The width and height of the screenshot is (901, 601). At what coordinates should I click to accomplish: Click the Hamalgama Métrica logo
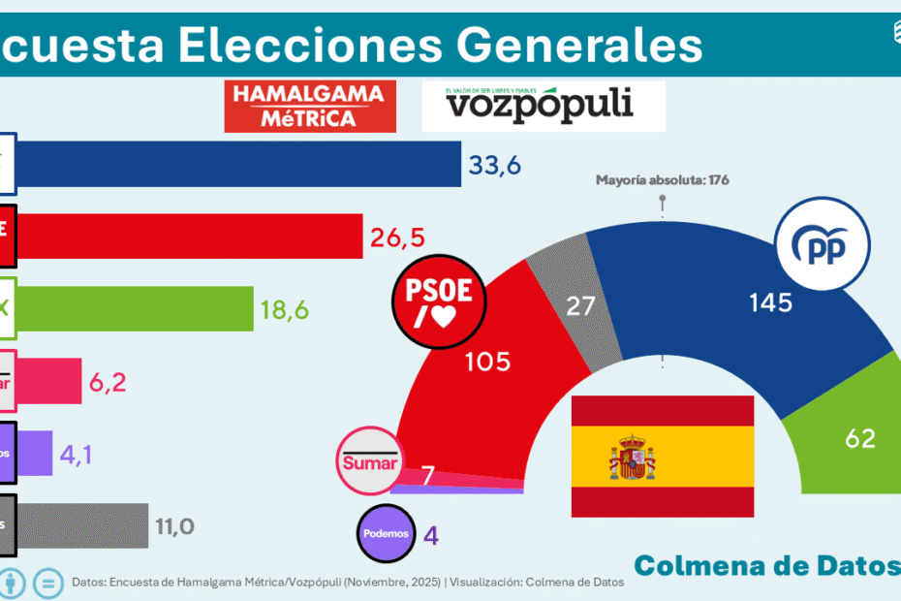click(x=310, y=107)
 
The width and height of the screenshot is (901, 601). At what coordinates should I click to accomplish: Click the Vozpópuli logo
click(x=544, y=107)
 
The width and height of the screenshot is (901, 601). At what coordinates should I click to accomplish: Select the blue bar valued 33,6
click(x=238, y=164)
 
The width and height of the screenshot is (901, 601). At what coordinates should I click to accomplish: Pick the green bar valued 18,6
click(x=135, y=308)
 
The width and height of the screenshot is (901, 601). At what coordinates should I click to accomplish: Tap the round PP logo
click(x=819, y=247)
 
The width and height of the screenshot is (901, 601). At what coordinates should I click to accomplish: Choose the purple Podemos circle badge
click(x=387, y=535)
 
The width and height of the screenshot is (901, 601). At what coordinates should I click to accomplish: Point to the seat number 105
click(x=487, y=362)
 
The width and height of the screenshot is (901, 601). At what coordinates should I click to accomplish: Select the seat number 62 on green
click(x=859, y=438)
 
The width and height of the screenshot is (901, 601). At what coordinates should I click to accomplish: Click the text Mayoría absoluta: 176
click(x=662, y=180)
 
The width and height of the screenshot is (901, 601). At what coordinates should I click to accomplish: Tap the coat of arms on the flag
click(x=632, y=458)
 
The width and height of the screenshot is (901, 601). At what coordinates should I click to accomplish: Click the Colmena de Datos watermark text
click(x=765, y=565)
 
